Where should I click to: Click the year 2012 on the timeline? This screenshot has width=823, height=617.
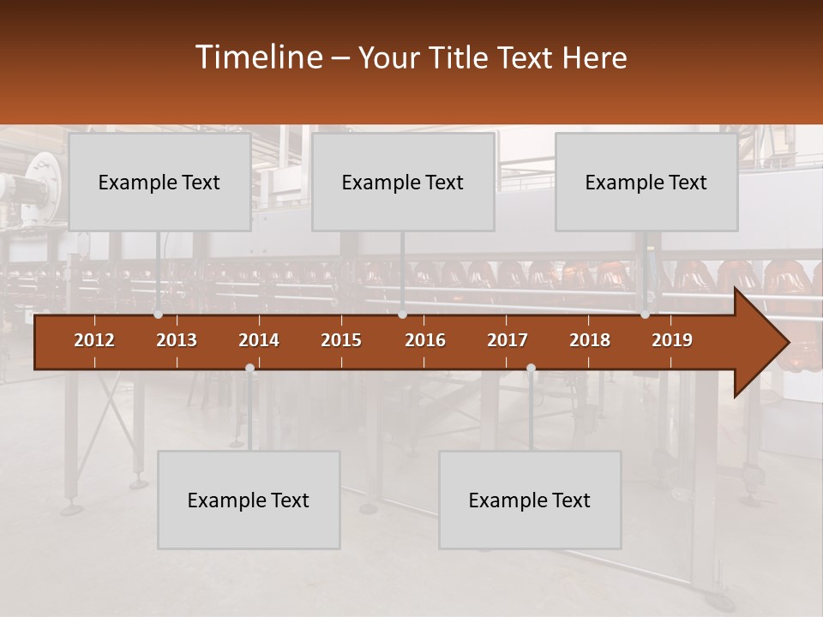coord(94,340)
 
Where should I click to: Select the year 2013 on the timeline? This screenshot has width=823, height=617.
coord(177,340)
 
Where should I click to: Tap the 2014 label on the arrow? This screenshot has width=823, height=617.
coord(259,340)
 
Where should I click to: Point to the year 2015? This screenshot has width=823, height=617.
coord(341,340)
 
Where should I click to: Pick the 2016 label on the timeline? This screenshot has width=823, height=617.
coord(425,340)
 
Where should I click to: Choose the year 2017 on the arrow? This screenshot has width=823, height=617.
coord(508,340)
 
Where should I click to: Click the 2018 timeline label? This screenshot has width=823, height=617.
coord(590,340)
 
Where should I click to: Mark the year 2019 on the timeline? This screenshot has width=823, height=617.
coord(672,340)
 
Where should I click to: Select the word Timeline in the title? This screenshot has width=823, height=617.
coord(258,57)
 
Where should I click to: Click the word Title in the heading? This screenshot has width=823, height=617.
coord(461,57)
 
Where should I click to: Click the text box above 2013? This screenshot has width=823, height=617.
coord(159,182)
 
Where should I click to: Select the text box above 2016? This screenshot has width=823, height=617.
coord(403,182)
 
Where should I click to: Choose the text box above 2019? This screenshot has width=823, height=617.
coord(646,182)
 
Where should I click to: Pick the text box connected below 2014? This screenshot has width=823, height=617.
coord(249,500)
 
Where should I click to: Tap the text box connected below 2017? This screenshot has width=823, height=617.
coord(530,500)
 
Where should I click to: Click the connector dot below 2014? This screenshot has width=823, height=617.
coord(249,368)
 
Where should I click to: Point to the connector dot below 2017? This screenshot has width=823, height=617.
coord(531,368)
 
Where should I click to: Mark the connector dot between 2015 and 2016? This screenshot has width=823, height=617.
coord(402,314)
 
